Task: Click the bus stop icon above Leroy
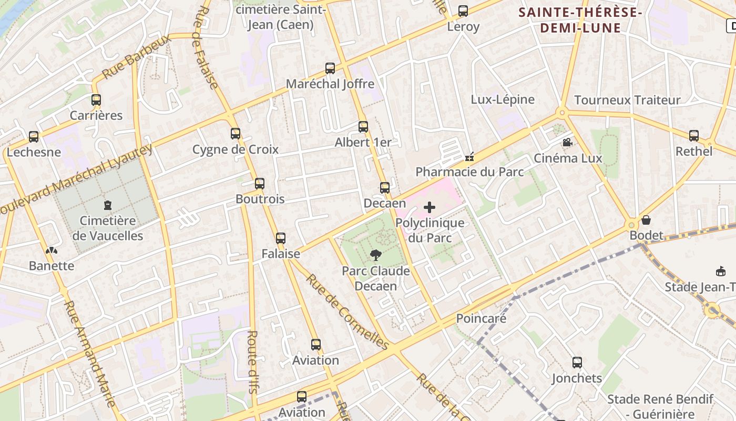click(x=463, y=11)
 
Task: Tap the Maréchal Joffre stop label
click(x=330, y=84)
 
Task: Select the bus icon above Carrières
click(x=96, y=99)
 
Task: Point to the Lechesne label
click(x=34, y=152)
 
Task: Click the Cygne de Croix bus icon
click(x=235, y=134)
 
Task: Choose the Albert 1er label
click(x=363, y=142)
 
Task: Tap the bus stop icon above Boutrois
click(x=259, y=183)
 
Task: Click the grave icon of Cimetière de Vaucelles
click(x=108, y=205)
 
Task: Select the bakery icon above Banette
click(x=51, y=250)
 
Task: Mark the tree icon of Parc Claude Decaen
click(x=375, y=256)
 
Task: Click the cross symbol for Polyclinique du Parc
click(x=430, y=207)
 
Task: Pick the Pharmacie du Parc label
click(x=469, y=172)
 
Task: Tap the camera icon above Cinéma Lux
click(x=567, y=142)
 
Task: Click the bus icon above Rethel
click(x=693, y=136)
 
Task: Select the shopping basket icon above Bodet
click(x=646, y=219)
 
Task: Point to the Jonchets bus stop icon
click(x=577, y=362)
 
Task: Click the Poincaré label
click(x=481, y=318)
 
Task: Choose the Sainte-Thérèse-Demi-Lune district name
click(x=580, y=19)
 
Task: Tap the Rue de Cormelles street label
click(x=347, y=312)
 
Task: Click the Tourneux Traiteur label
click(x=627, y=100)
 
